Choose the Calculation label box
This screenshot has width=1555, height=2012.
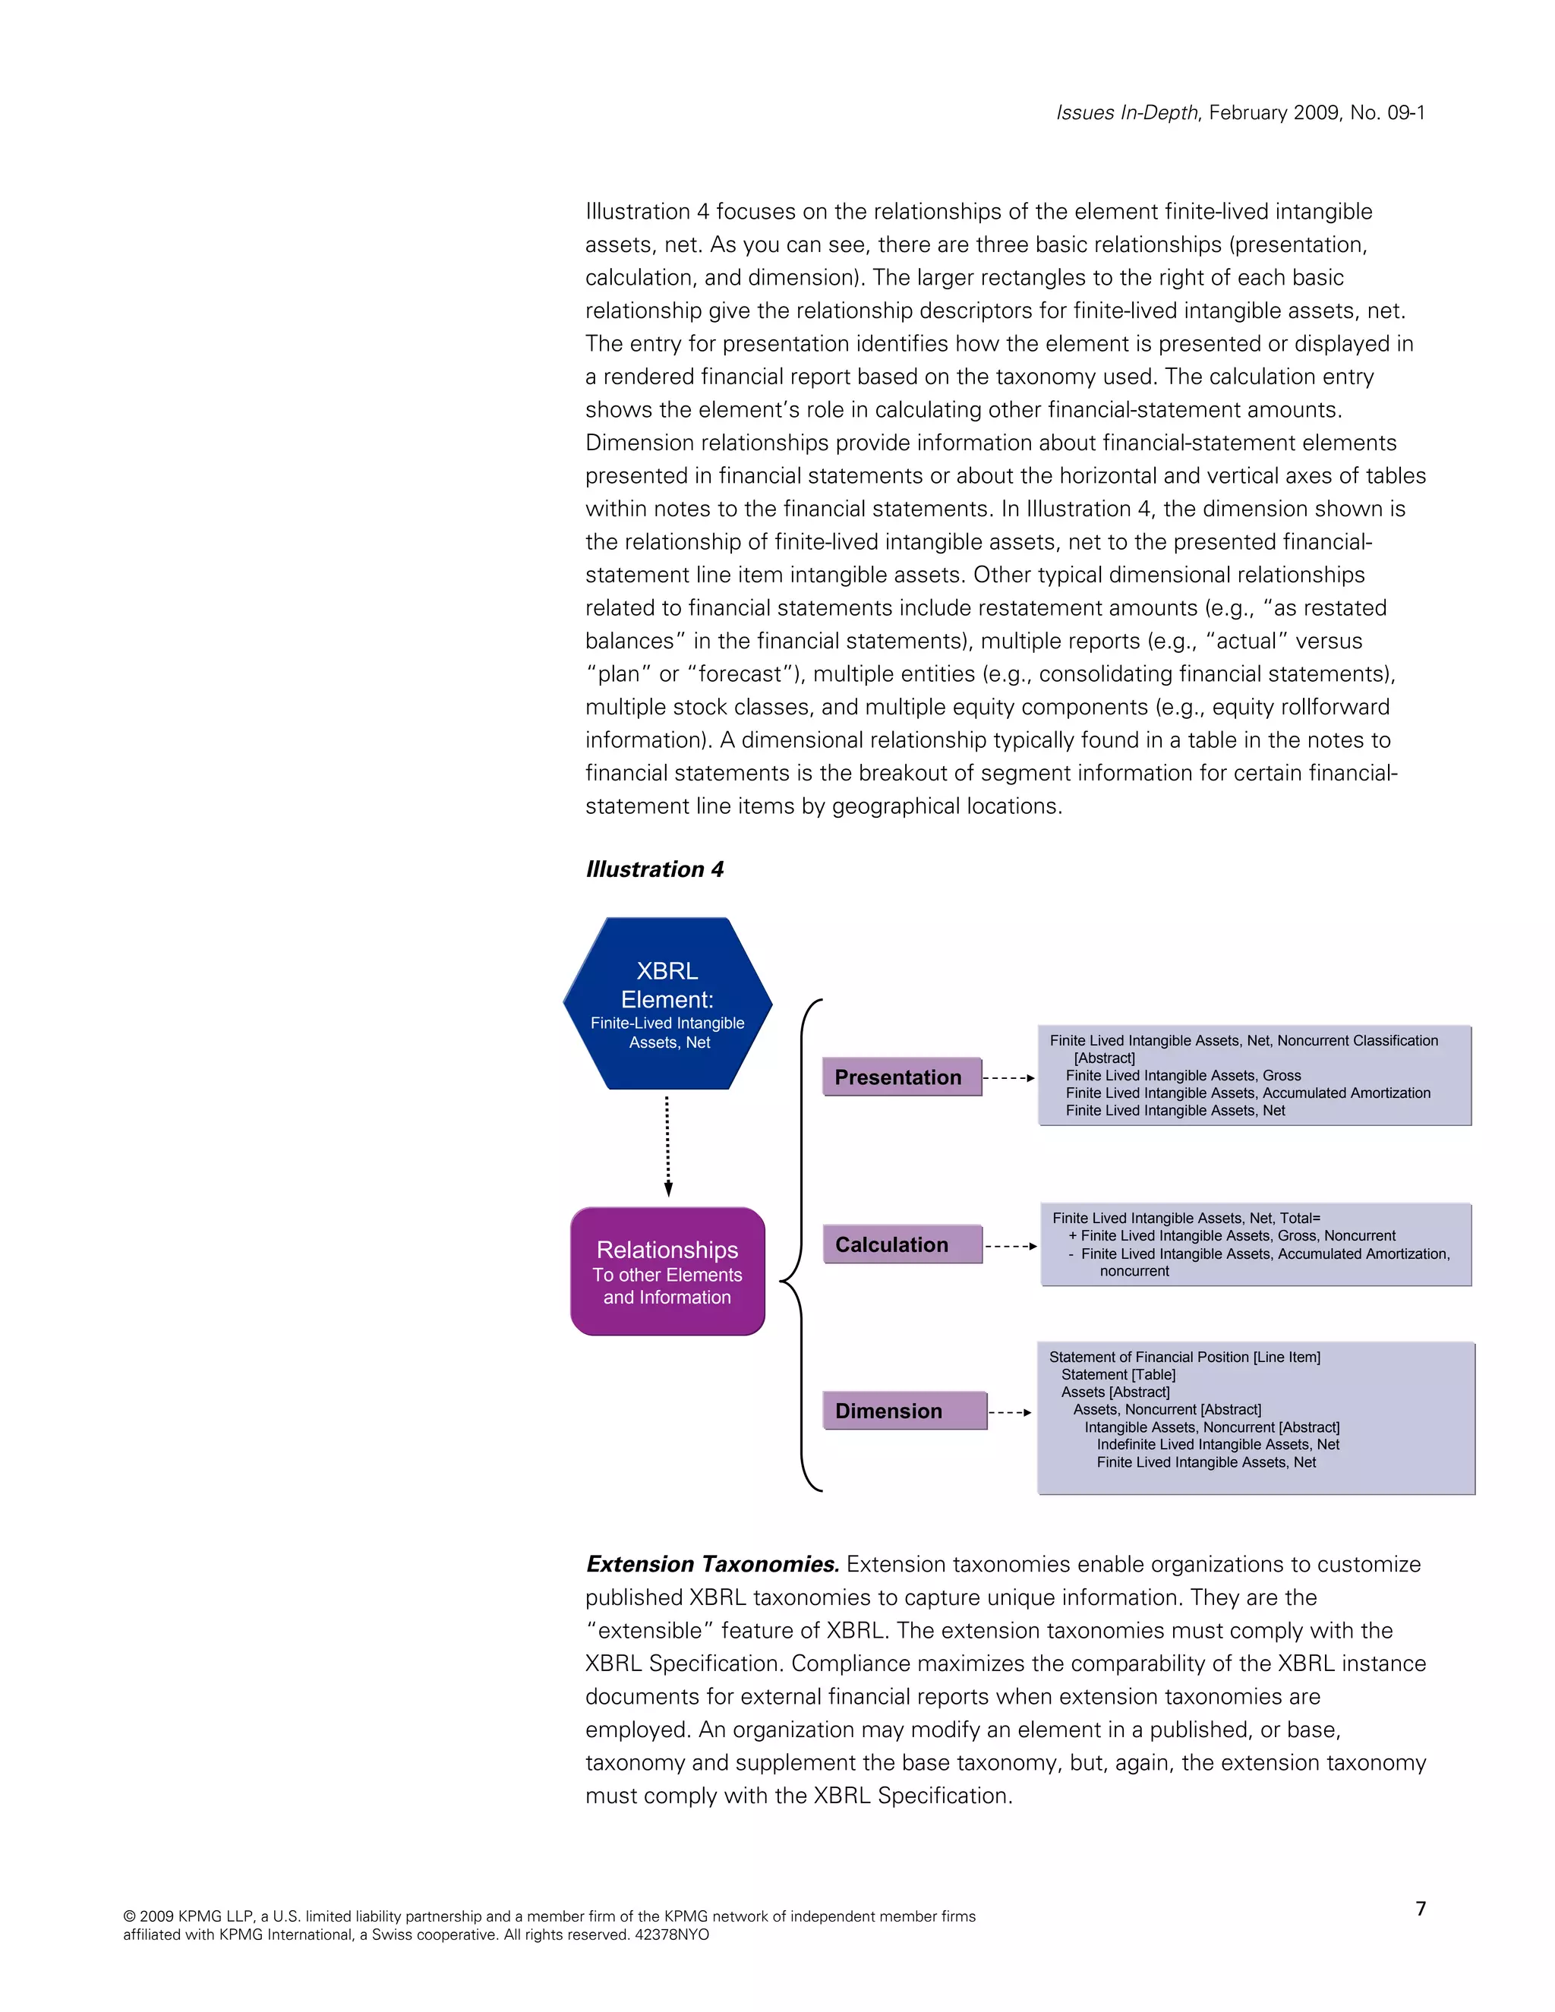(x=902, y=1244)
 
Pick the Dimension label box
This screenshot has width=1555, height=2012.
(x=904, y=1411)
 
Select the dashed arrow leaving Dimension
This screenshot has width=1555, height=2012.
(x=1011, y=1411)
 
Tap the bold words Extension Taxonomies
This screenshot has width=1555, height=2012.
(x=712, y=1563)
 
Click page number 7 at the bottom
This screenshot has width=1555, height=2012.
(x=1421, y=1908)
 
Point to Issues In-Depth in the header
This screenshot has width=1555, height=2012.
(x=1127, y=112)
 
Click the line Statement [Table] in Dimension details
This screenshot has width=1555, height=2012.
(x=1118, y=1374)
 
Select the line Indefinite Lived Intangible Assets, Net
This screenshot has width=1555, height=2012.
(x=1218, y=1445)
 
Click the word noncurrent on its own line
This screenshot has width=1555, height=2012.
(x=1134, y=1271)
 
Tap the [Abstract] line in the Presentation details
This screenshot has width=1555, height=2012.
(x=1105, y=1058)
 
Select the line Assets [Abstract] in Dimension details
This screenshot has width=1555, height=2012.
(x=1115, y=1392)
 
